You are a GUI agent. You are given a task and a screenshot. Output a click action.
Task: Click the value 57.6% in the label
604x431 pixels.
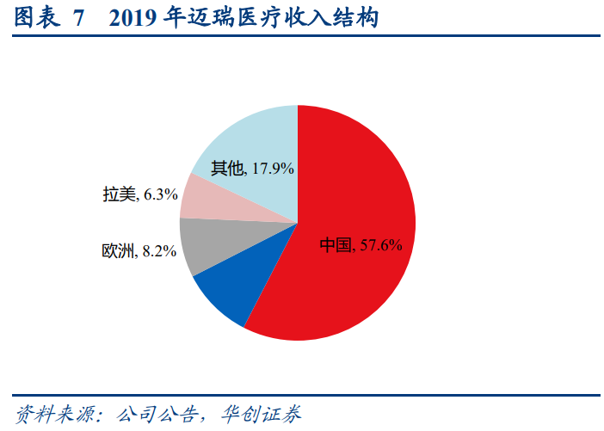(x=380, y=245)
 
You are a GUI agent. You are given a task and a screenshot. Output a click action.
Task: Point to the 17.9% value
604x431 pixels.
(x=272, y=169)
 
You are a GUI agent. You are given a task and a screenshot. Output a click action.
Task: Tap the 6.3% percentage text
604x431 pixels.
(x=160, y=195)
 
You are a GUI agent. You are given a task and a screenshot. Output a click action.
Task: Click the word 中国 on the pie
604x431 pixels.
(x=336, y=245)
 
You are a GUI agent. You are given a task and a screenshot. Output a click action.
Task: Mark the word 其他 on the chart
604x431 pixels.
(x=227, y=169)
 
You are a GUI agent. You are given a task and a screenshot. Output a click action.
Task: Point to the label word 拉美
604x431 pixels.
(x=120, y=195)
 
